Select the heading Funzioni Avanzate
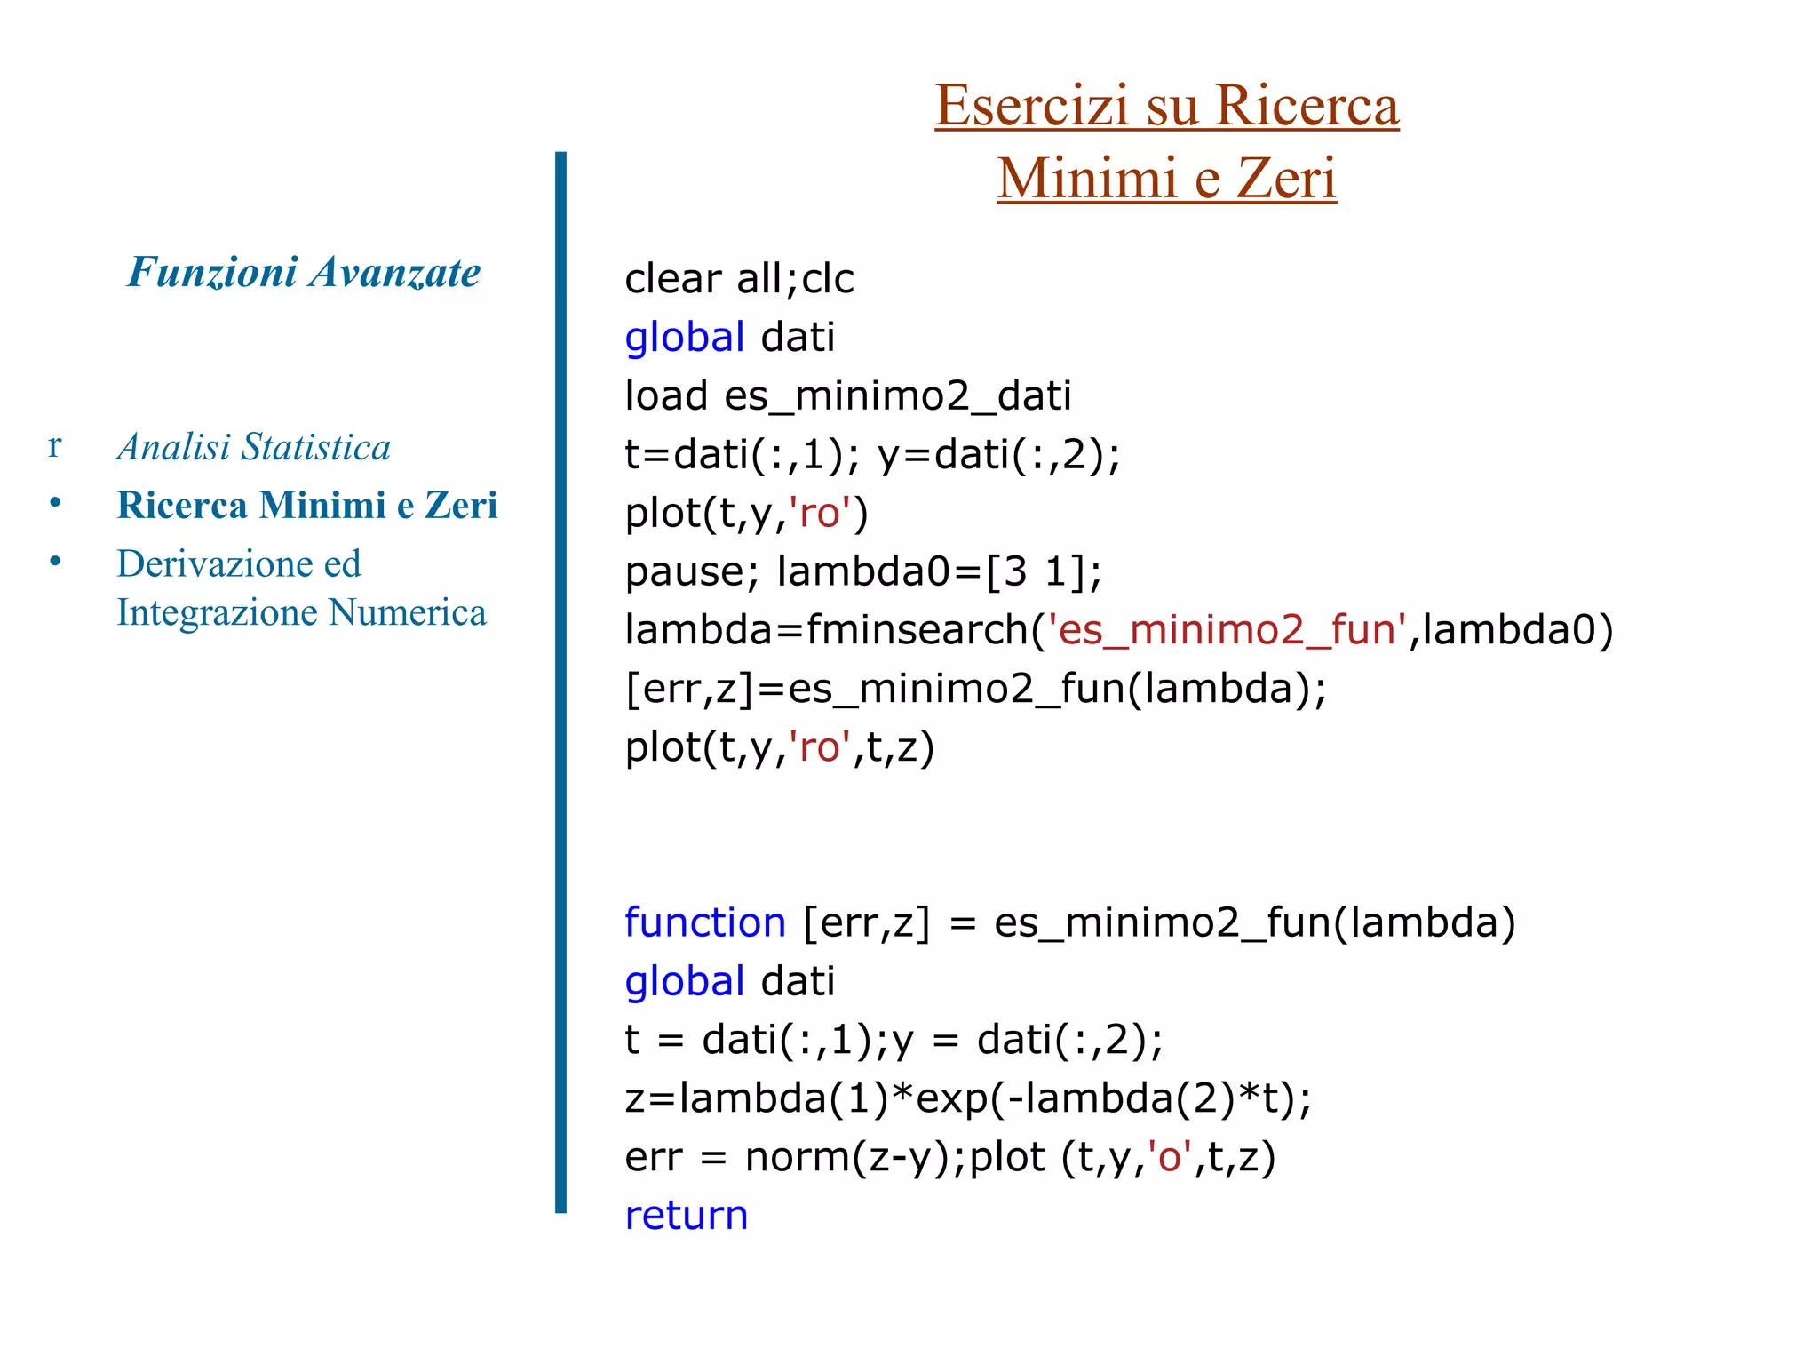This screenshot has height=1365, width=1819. (x=304, y=272)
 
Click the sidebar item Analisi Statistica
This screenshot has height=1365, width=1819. (x=254, y=447)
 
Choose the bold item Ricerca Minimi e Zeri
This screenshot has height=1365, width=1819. (x=307, y=505)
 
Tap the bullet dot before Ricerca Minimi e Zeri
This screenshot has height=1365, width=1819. (x=55, y=503)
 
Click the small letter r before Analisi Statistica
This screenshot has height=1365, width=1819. (x=54, y=446)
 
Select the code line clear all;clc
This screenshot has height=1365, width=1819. (x=739, y=279)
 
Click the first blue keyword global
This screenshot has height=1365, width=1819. (x=684, y=338)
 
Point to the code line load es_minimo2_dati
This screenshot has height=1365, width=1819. (x=847, y=395)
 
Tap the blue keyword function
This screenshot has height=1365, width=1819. (x=705, y=922)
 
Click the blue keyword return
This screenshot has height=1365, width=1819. (x=686, y=1216)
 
